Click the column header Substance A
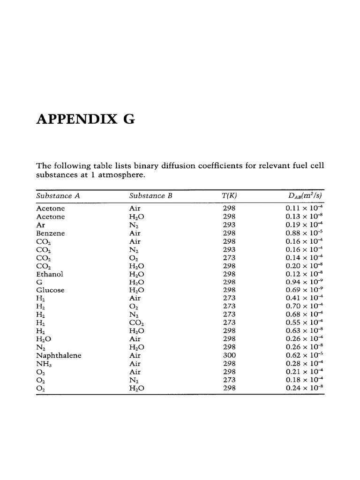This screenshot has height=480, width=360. point(58,196)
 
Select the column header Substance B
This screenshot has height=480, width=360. point(150,196)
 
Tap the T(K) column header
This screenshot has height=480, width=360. point(229,196)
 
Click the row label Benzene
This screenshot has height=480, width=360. point(51,233)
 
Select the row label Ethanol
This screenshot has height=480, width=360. point(50,274)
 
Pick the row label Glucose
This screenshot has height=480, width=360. point(51,290)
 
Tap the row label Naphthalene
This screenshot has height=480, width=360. point(59,355)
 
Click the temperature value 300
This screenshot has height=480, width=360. point(229,355)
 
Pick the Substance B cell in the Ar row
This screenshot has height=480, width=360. point(135,225)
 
